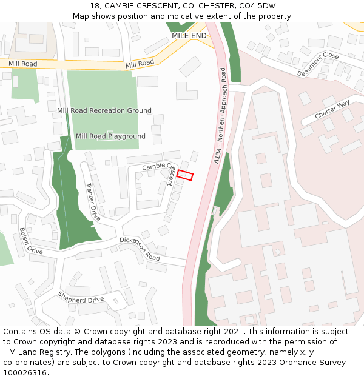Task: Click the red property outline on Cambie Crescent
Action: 184,175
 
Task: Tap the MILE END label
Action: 189,36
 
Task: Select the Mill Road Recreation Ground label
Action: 104,110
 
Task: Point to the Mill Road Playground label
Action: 110,136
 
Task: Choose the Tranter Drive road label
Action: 92,201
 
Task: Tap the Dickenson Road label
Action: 140,249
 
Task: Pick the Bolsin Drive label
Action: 30,241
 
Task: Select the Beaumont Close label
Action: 318,64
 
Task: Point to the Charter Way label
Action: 332,110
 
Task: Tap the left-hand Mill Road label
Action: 22,64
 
